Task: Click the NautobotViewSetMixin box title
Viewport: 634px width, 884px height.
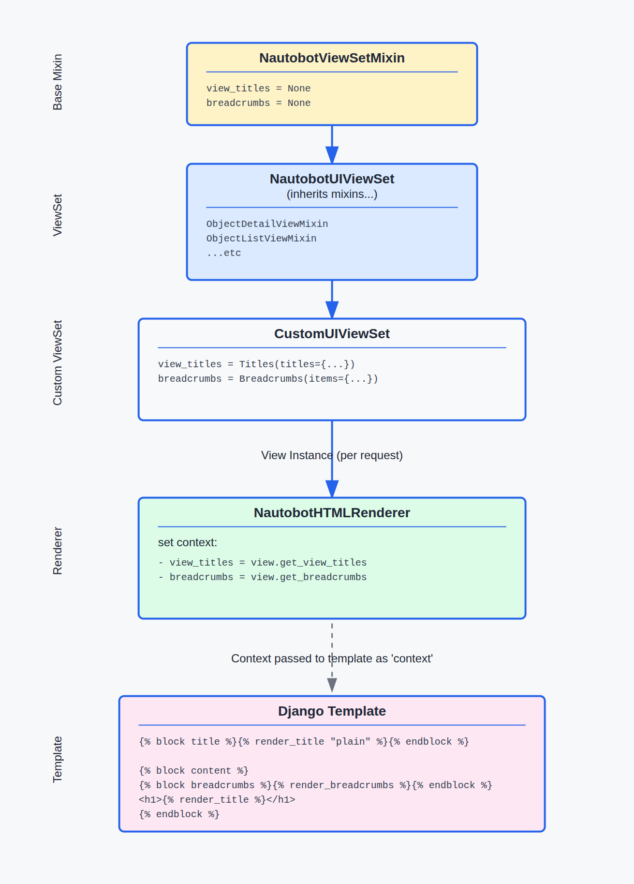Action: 332,58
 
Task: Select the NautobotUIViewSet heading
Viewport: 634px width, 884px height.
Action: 332,179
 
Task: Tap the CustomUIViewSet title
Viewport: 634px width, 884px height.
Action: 332,334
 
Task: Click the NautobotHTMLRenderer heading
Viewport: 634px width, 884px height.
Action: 332,513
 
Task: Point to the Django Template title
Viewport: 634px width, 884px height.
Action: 332,711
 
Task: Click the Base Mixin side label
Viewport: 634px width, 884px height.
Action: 58,82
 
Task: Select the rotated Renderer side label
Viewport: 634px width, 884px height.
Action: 58,551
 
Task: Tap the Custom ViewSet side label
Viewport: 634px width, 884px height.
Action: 58,363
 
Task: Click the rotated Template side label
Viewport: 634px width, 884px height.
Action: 58,759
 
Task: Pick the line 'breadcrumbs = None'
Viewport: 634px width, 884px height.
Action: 258,103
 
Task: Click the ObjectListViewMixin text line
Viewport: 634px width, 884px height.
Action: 261,239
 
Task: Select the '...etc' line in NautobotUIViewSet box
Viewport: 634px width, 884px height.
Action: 223,253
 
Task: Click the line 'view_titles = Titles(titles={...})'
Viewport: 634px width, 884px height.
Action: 256,364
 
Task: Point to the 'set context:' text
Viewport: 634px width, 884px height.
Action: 188,542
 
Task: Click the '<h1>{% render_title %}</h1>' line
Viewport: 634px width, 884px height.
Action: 217,800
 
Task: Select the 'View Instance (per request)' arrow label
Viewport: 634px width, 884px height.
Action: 332,455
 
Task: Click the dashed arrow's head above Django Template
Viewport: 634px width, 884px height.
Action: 332,685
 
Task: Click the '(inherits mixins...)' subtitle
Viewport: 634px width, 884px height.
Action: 332,194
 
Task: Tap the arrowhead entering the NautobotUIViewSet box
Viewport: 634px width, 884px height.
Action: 332,155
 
